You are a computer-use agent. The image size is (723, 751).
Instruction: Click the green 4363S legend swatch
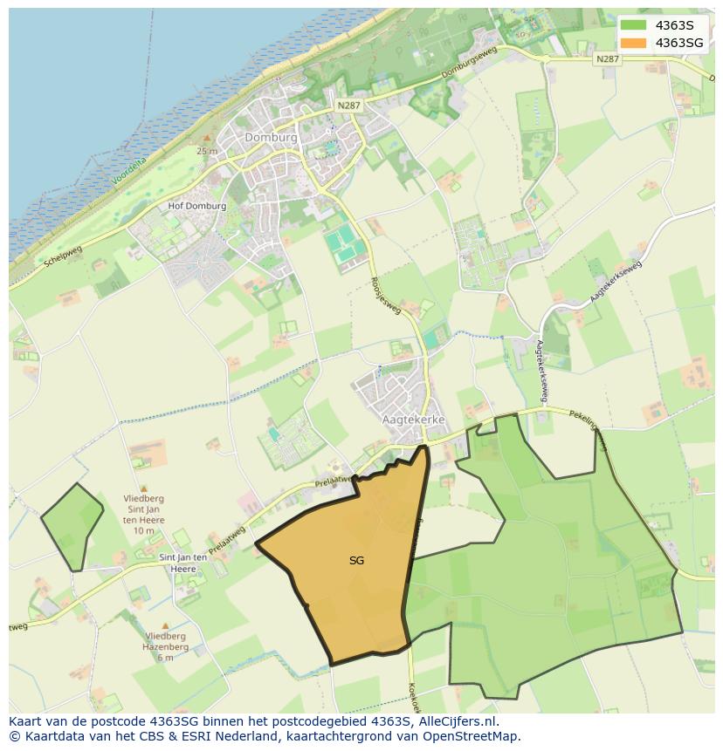(634, 25)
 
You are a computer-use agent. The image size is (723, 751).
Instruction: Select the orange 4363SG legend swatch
(634, 43)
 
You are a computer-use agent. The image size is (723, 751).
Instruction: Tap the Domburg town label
(271, 138)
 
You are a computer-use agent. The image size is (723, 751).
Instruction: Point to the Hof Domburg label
(196, 207)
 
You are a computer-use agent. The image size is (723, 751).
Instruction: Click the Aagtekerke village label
(414, 420)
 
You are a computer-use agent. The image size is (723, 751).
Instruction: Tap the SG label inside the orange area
(356, 561)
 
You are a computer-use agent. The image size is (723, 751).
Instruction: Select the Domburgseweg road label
(469, 64)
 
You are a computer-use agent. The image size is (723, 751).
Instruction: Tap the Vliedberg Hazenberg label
(165, 642)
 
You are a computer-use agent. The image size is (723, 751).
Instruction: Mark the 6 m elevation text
(165, 658)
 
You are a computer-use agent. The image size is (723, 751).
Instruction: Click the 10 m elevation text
(144, 530)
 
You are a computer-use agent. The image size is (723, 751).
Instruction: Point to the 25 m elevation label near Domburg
(207, 151)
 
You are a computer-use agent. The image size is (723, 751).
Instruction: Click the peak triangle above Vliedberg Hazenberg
(165, 625)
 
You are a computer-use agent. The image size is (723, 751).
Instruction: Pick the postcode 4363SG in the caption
(172, 721)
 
